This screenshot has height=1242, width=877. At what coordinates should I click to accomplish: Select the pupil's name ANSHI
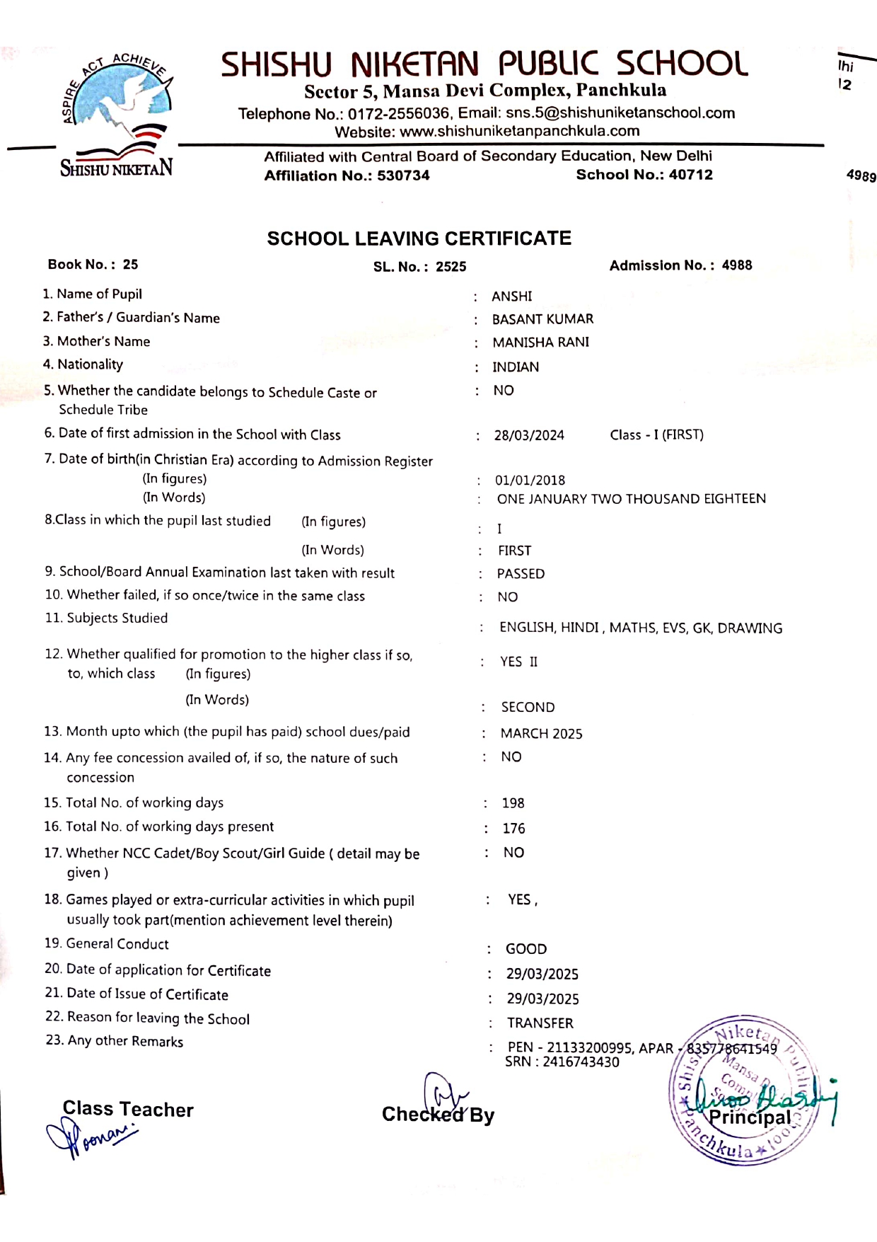coord(511,296)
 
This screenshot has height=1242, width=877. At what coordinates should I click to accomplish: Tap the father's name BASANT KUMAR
coord(542,319)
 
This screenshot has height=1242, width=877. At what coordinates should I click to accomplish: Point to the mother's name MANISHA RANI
coord(540,343)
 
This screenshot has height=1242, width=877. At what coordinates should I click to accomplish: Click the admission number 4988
coord(736,265)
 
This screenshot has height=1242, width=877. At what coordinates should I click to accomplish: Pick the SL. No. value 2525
coord(451,267)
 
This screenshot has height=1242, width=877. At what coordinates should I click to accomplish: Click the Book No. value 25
coord(130,265)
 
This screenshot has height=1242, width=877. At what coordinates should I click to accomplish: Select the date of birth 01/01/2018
coord(530,481)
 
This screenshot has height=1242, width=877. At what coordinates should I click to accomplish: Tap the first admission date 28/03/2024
coord(529,435)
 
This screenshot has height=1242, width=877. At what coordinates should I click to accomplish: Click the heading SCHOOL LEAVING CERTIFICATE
coord(419,238)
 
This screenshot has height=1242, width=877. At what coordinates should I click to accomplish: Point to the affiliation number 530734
coord(403,176)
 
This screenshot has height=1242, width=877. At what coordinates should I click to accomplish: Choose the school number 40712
coord(690,175)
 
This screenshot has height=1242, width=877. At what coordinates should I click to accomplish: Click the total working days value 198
coord(513,803)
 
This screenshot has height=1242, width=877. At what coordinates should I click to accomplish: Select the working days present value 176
coord(513,828)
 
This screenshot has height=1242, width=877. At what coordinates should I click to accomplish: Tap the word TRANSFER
coord(540,1023)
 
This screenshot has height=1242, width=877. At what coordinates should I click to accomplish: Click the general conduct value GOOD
coord(525,949)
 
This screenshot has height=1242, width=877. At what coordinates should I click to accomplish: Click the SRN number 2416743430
coord(581,1062)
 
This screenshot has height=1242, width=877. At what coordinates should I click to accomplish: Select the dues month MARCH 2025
coord(541,734)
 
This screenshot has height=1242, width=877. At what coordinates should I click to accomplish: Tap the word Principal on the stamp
coord(749,1117)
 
